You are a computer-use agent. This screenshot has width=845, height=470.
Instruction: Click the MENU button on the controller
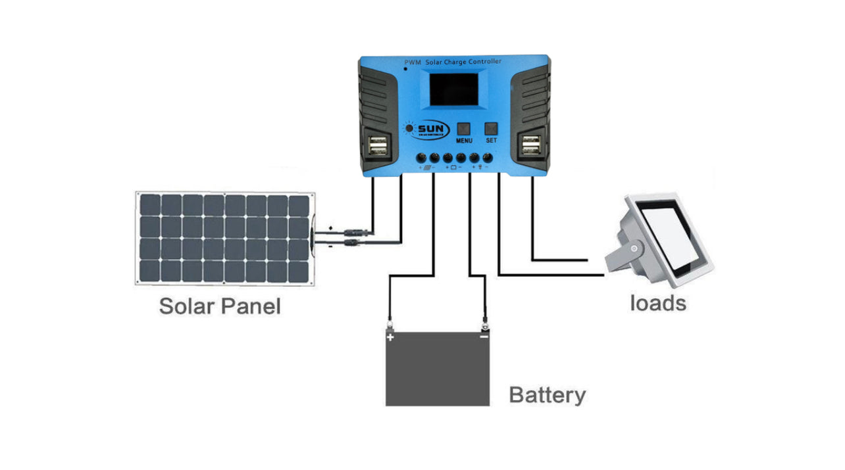pyautogui.click(x=464, y=129)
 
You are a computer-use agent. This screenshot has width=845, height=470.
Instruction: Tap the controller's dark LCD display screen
pyautogui.click(x=454, y=90)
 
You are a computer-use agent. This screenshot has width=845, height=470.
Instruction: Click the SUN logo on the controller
pyautogui.click(x=428, y=129)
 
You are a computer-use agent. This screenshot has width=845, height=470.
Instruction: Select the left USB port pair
pyautogui.click(x=379, y=146)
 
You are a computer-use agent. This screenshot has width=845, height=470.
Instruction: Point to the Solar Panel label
pyautogui.click(x=220, y=306)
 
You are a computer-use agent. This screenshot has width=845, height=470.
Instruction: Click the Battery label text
pyautogui.click(x=547, y=395)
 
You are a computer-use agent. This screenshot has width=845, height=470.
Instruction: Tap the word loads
pyautogui.click(x=657, y=303)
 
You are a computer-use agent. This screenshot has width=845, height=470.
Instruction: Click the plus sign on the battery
pyautogui.click(x=390, y=337)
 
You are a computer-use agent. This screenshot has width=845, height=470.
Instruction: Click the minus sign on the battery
pyautogui.click(x=484, y=337)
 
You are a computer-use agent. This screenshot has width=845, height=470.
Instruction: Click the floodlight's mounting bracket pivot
pyautogui.click(x=634, y=249)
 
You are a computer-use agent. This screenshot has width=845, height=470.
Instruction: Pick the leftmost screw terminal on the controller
pyautogui.click(x=421, y=158)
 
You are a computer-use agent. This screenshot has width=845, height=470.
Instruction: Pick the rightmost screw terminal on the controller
pyautogui.click(x=488, y=158)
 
